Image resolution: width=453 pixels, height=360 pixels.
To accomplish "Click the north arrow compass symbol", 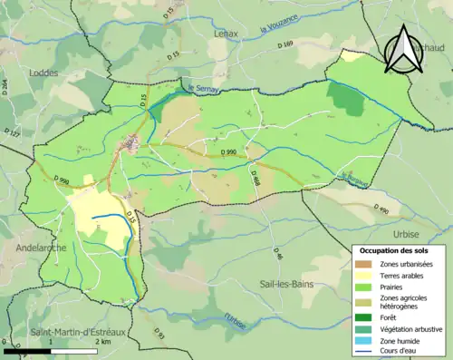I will (401, 49).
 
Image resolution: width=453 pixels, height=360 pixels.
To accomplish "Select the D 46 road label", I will (278, 257).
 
